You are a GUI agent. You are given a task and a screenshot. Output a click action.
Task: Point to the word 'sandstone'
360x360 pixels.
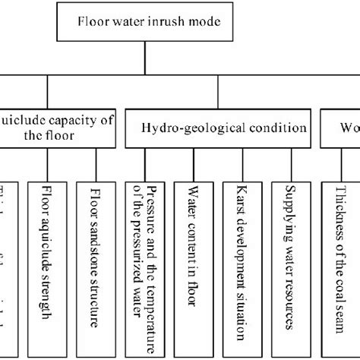94,244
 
